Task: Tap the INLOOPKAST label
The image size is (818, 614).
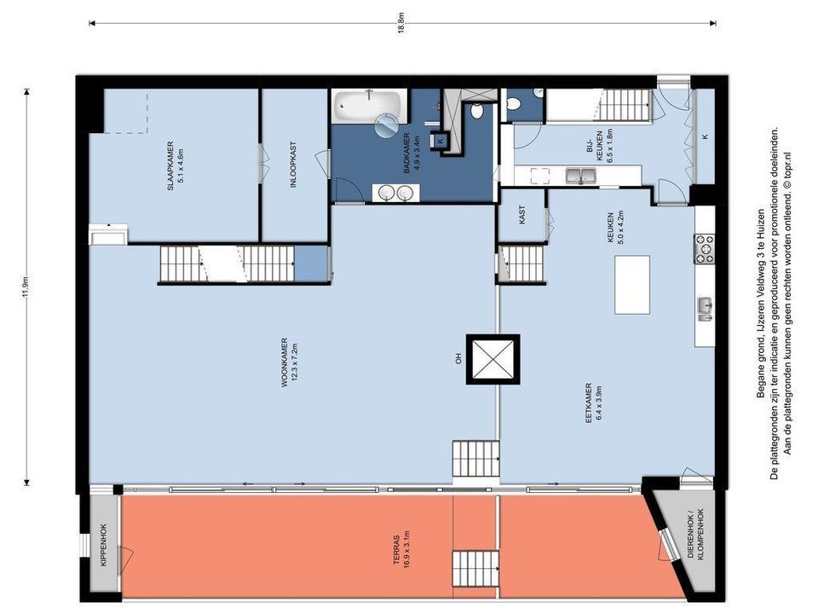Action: coord(294,164)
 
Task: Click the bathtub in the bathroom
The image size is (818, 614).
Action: coord(369,106)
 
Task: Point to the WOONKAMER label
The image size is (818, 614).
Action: coord(285,362)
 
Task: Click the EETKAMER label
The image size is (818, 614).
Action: coord(589,403)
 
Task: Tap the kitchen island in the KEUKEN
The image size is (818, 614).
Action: coord(632,285)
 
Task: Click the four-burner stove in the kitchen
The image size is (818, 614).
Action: coord(704,248)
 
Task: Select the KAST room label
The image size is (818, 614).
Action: coord(522,215)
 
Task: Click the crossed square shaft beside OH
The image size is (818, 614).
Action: coord(493,359)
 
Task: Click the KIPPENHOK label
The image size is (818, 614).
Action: coord(103,546)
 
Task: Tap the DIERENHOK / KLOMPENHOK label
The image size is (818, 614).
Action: coord(696,534)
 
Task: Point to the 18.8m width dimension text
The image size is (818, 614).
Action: coord(400,23)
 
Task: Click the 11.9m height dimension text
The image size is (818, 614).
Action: coord(26,287)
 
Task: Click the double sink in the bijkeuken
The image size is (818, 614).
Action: coord(580,176)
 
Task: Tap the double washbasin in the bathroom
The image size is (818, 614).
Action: coord(395,193)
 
